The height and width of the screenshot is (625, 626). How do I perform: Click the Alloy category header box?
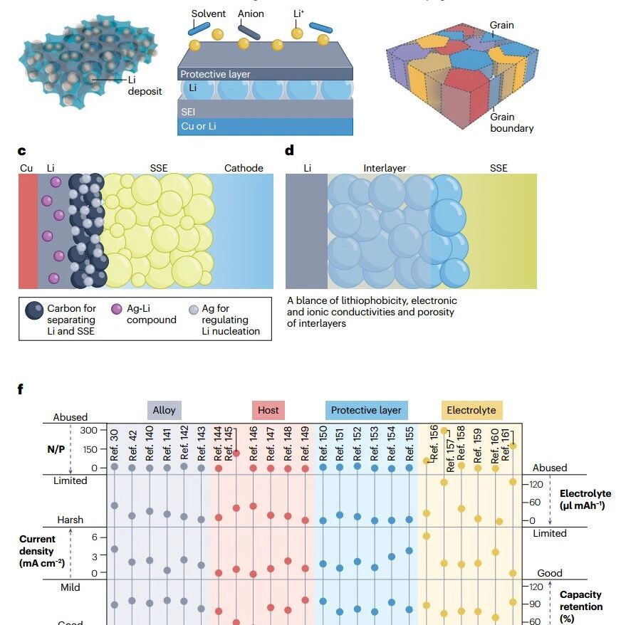coord(164,410)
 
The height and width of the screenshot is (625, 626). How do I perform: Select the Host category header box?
coord(268,410)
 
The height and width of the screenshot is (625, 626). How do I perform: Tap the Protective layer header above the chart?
coord(366,410)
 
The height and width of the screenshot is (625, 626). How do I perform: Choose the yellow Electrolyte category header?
coord(471,410)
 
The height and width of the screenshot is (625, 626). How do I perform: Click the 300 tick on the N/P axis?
coord(88,430)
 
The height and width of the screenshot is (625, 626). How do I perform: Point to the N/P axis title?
coord(56,449)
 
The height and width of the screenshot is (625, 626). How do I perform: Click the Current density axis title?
coord(41,551)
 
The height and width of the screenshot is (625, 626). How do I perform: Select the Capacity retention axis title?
coord(581,606)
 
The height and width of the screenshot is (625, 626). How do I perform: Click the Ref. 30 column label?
coord(114,445)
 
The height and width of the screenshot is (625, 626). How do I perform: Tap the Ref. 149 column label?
coord(305,443)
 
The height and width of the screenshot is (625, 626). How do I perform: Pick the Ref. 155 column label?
coord(409,443)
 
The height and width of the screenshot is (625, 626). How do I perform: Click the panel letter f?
coord(21,389)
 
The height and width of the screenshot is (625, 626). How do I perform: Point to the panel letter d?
coord(289,150)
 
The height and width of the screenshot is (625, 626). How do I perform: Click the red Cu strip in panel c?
coord(28,231)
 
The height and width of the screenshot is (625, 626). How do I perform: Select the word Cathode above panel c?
coord(244,168)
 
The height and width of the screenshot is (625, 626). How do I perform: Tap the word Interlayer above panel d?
coord(385,168)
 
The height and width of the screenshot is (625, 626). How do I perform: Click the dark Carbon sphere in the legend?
coord(34,310)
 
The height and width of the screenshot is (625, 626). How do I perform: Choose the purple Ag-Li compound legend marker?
coord(117,309)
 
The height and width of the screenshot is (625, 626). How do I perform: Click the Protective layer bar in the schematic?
coord(265,74)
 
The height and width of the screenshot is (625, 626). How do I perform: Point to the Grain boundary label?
coord(512,122)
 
